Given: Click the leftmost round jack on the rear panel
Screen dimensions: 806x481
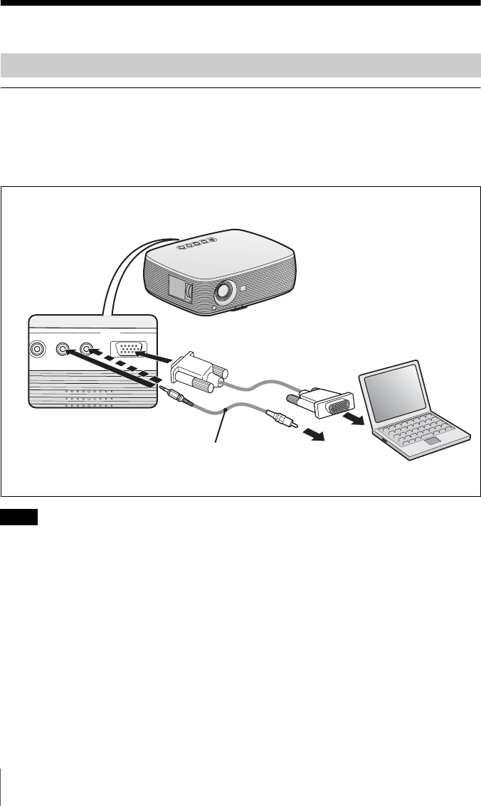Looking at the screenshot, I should coord(36,349).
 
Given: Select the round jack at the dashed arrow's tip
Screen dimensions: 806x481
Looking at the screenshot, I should coord(88,349).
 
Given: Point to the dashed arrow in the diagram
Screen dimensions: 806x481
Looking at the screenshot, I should coord(127,370).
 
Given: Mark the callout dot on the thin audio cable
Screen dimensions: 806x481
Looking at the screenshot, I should coord(225,410).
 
